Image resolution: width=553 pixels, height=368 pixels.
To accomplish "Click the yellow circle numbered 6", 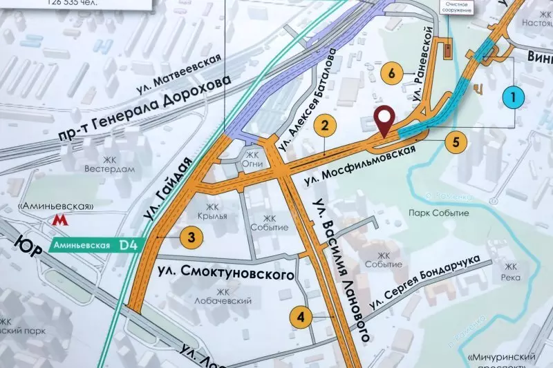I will (392, 73).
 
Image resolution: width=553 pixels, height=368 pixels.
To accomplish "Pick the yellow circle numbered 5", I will (455, 143).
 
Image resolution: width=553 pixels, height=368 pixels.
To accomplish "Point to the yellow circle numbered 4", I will (300, 317).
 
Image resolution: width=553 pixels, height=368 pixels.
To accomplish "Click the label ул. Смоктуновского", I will (226, 271).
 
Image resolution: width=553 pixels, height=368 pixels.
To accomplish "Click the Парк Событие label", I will (438, 213).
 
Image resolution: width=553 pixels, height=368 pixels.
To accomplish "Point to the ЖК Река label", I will (512, 272).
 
